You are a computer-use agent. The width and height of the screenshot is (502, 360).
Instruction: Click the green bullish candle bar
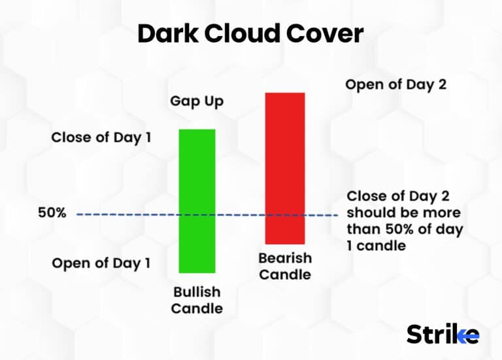tap(197, 201)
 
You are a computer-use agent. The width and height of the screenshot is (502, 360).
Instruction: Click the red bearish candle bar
tap(284, 168)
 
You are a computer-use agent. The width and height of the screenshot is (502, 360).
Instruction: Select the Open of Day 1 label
tap(101, 263)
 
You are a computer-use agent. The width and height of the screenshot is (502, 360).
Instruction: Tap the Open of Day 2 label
tap(395, 84)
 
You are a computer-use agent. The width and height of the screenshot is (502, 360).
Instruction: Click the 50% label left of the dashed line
tap(52, 213)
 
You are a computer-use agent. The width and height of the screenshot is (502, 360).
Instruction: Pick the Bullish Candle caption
tap(196, 300)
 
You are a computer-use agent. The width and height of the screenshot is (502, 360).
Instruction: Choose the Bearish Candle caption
tap(285, 266)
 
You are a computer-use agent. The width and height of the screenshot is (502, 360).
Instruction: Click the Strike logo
tap(443, 334)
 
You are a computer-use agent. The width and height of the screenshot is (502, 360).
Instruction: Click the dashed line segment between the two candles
tap(240, 214)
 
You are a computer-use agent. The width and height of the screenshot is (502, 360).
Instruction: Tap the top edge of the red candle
tap(284, 93)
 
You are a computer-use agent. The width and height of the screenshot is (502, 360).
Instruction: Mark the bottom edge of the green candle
tap(197, 272)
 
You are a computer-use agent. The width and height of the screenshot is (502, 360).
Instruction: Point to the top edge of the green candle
tap(197, 130)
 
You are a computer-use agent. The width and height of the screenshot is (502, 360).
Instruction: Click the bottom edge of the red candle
tap(284, 243)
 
